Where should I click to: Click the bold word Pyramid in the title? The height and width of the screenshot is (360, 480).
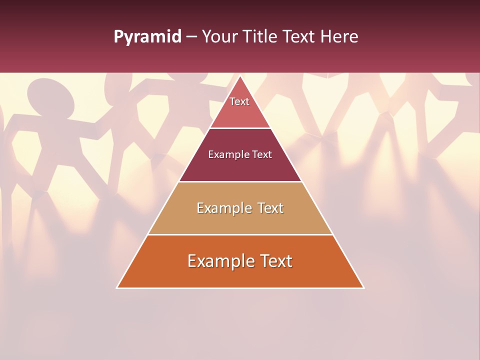pyautogui.click(x=147, y=37)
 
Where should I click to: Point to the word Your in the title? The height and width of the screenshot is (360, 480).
pyautogui.click(x=220, y=37)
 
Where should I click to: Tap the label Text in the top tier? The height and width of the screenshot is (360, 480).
pyautogui.click(x=239, y=101)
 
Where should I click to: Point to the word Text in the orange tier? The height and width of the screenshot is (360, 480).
pyautogui.click(x=276, y=261)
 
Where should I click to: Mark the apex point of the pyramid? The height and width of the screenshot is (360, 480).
pyautogui.click(x=240, y=76)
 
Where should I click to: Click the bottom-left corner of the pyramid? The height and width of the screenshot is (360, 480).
pyautogui.click(x=117, y=287)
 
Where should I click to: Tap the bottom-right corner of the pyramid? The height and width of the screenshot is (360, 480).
pyautogui.click(x=363, y=287)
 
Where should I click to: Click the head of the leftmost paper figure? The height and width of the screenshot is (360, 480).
pyautogui.click(x=50, y=97)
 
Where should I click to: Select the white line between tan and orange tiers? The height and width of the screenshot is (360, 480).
pyautogui.click(x=240, y=234)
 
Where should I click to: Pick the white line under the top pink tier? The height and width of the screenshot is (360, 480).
pyautogui.click(x=240, y=128)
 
